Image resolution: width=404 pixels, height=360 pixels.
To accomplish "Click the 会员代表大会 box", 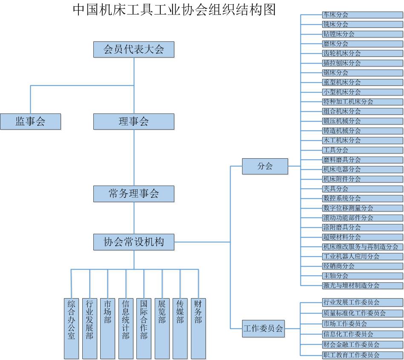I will (134, 49).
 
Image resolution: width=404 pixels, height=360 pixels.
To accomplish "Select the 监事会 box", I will (30, 122).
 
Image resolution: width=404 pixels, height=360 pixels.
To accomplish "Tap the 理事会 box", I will (134, 122).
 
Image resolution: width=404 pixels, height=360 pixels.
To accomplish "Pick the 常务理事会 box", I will (134, 194).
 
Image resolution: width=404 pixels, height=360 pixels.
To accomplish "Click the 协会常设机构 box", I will (134, 242).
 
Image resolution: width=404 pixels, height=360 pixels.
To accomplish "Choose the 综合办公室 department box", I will (71, 328).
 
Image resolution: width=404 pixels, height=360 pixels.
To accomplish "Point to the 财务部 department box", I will (198, 328).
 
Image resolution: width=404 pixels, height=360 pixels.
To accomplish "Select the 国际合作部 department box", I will (144, 328).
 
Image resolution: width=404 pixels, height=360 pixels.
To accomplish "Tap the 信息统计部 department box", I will (126, 328).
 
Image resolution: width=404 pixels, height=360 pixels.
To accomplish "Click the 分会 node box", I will (265, 166).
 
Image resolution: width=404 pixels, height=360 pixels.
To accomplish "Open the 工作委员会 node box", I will (263, 328).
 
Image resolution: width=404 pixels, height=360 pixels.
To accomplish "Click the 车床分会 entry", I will (362, 15).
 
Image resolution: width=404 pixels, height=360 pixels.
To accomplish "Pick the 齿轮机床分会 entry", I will (362, 53).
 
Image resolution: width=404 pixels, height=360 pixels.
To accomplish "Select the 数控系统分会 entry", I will (362, 198).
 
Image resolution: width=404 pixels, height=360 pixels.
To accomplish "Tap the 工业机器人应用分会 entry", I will (362, 256).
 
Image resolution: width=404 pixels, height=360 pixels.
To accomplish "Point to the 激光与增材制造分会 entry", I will (362, 285).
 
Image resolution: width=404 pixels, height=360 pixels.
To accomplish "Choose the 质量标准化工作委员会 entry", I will (362, 313).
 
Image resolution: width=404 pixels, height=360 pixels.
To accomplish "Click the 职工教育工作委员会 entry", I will (362, 355).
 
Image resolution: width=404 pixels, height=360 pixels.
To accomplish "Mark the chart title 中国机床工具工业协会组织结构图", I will (174, 9).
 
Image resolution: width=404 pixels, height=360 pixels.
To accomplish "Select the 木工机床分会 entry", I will (362, 140).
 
